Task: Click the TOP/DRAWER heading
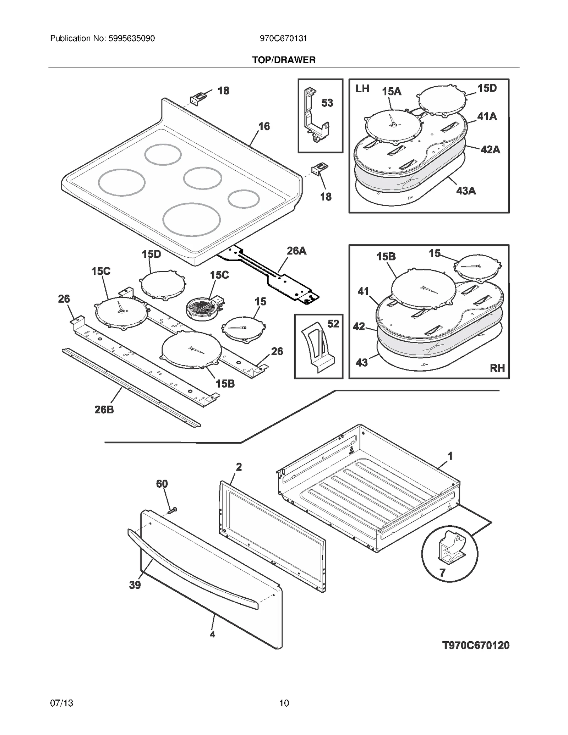[284, 60]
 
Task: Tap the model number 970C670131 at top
[283, 38]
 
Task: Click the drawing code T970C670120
[476, 645]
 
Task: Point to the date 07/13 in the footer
[62, 703]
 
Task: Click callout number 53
[327, 103]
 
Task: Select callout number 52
[333, 324]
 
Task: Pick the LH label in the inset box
[362, 89]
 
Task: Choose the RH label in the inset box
[497, 368]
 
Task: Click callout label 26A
[296, 251]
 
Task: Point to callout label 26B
[104, 410]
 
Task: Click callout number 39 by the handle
[135, 585]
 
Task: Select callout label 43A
[466, 191]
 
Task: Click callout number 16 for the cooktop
[264, 126]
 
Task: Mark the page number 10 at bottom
[284, 703]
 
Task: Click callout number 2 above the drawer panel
[239, 467]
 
